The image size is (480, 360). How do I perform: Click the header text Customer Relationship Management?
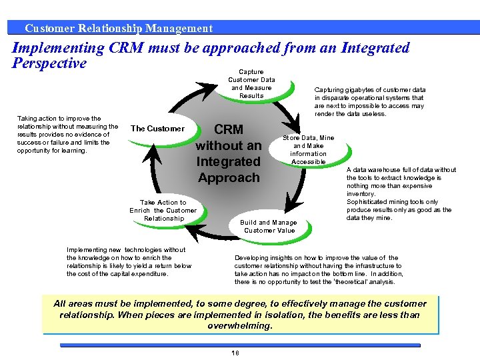pos(118,28)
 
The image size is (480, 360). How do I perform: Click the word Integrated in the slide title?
pos(375,48)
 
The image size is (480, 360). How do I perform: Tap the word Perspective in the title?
pos(49,63)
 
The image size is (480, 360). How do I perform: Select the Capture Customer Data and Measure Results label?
pos(251,84)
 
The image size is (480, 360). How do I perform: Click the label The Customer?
pos(157,129)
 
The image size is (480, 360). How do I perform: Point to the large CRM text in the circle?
pos(228,129)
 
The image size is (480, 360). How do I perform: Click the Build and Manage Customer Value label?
pos(269,226)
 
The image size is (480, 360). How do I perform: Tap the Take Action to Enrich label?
pos(163,210)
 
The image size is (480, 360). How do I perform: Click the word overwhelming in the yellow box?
pos(240,326)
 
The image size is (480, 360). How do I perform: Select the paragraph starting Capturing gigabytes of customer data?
pos(369,101)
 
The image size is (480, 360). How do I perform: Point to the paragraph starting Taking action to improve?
pos(67,134)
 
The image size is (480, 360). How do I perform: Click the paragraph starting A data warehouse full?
pos(401,194)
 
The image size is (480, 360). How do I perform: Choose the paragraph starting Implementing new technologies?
pos(129,261)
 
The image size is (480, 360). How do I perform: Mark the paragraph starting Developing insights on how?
pos(328,269)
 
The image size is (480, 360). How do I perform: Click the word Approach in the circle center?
pos(229,177)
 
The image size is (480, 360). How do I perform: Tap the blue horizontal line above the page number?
pos(240,345)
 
